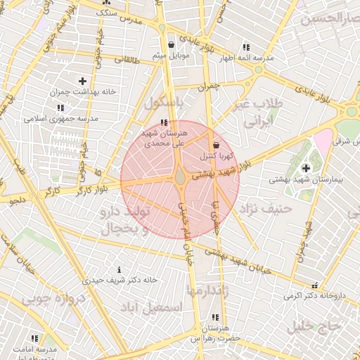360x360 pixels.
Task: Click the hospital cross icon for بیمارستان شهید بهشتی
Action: [x=306, y=167]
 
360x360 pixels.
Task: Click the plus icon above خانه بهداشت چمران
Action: [x=83, y=81]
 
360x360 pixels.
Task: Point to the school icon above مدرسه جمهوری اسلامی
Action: [x=61, y=108]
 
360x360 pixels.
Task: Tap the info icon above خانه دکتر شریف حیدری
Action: [x=119, y=269]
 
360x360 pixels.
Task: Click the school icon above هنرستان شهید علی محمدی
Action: [x=165, y=122]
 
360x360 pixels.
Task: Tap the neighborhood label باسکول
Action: [x=163, y=103]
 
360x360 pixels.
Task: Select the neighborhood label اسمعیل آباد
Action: [x=151, y=308]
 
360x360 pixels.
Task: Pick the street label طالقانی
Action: [x=128, y=62]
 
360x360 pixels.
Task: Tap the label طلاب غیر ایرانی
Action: [x=257, y=112]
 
